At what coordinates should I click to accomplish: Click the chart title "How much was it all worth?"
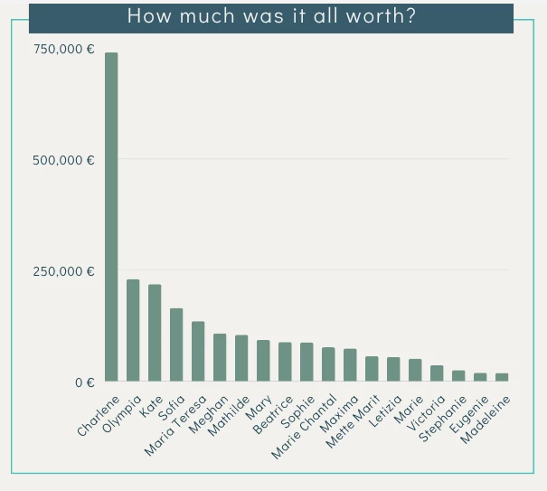[271, 15]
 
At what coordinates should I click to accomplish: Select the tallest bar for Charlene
[111, 217]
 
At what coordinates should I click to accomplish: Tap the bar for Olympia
[133, 331]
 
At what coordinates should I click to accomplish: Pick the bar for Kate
[155, 334]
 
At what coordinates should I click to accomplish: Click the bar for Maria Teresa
[198, 352]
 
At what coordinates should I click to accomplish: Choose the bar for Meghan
[220, 358]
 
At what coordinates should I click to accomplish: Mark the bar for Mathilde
[241, 359]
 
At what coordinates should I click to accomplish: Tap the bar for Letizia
[393, 370]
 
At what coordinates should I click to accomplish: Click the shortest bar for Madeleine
[502, 377]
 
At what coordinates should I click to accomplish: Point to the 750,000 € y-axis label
[64, 49]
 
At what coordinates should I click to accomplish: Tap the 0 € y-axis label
[84, 382]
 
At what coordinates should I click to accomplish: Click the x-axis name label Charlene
[99, 416]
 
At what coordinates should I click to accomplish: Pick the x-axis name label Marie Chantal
[305, 427]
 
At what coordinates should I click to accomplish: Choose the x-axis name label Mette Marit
[354, 422]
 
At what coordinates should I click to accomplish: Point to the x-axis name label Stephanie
[443, 419]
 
